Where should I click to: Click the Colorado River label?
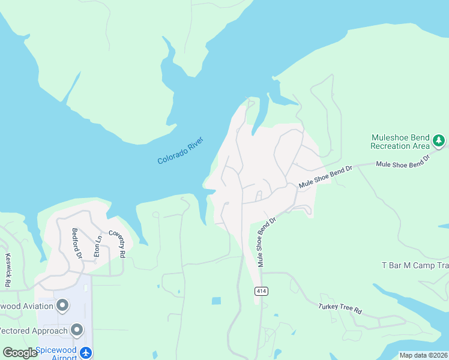click(x=181, y=151)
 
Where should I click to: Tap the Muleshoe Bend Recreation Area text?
click(x=400, y=141)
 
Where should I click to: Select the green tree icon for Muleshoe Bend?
click(x=439, y=141)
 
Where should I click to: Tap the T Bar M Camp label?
click(x=415, y=265)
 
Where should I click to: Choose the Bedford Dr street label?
click(x=76, y=242)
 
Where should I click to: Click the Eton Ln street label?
click(x=97, y=246)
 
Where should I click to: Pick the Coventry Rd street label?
click(x=116, y=244)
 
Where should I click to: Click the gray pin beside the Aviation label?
click(x=62, y=307)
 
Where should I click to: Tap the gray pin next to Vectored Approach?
click(x=77, y=330)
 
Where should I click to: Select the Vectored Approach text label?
click(x=33, y=331)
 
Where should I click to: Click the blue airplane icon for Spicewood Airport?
click(x=86, y=352)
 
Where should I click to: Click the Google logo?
click(x=20, y=353)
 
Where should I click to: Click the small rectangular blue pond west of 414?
click(x=216, y=301)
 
